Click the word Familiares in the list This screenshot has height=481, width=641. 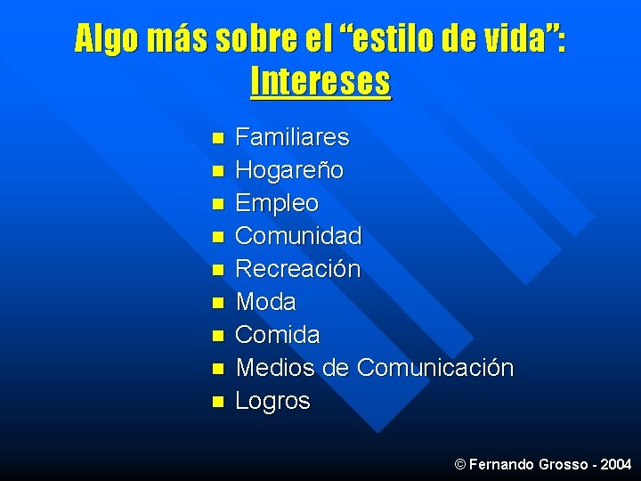[x=292, y=138]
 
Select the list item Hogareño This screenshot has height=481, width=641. [x=289, y=170]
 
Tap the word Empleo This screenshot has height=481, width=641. [x=277, y=203]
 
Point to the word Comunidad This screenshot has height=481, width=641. [x=298, y=236]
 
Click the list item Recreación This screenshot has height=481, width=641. [x=297, y=269]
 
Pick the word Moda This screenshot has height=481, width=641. [x=265, y=302]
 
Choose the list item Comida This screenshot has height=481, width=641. [x=278, y=335]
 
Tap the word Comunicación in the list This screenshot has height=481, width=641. [x=435, y=368]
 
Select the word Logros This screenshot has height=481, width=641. [x=272, y=401]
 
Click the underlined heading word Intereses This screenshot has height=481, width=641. [x=320, y=82]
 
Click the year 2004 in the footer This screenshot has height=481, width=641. [x=616, y=465]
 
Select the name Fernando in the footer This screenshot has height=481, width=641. [x=499, y=465]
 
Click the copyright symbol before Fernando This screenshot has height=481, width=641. [x=459, y=465]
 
